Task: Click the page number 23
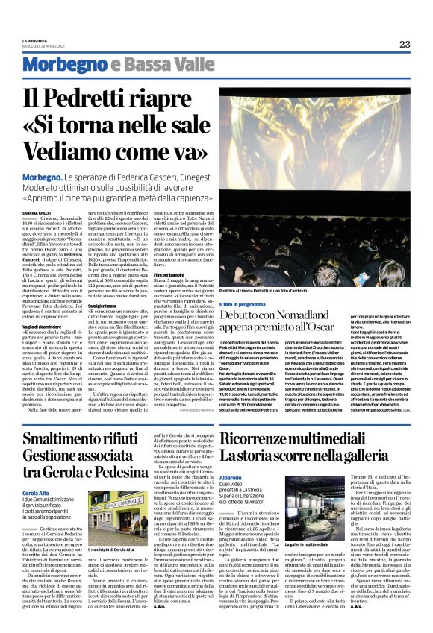[x=405, y=44]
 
